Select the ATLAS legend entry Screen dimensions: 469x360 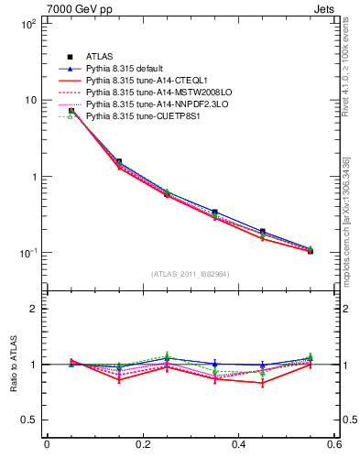click(x=101, y=57)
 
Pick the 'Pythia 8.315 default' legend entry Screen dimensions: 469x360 click(x=127, y=69)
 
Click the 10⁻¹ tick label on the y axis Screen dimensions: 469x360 click(x=28, y=253)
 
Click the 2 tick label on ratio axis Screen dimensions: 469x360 click(x=35, y=309)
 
